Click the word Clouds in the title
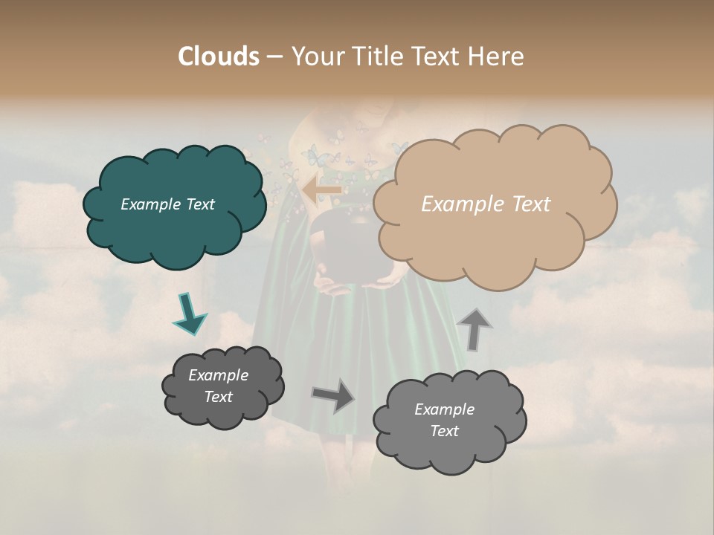(x=219, y=56)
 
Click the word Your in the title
(x=317, y=56)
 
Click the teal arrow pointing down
(x=190, y=314)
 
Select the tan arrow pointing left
(x=322, y=190)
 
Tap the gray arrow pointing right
(x=334, y=396)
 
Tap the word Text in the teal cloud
(x=199, y=204)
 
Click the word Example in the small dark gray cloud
(x=219, y=375)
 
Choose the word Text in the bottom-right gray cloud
(x=444, y=431)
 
